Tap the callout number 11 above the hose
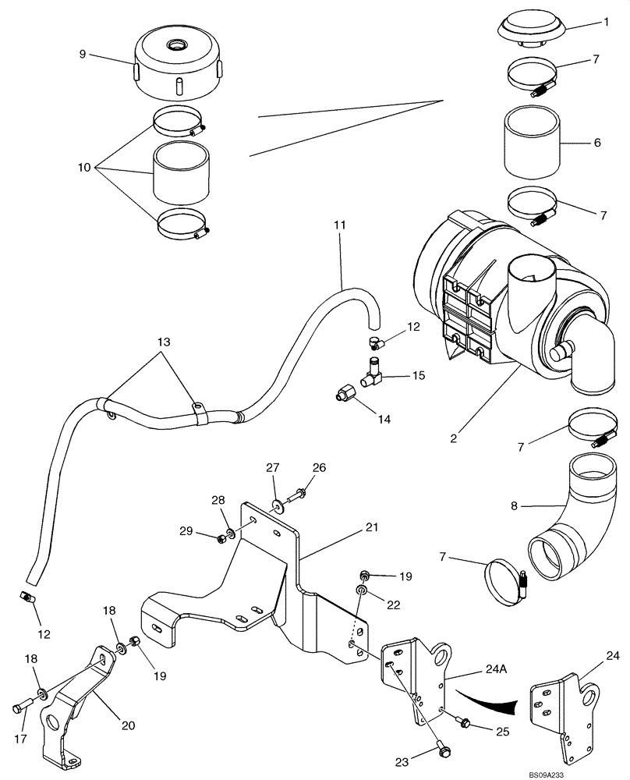pos(339,225)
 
